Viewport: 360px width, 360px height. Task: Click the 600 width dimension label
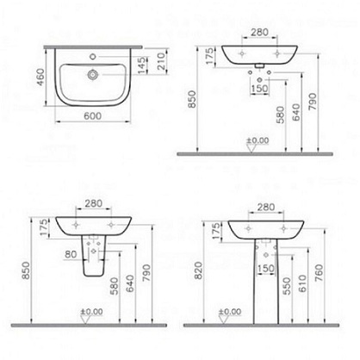(92, 116)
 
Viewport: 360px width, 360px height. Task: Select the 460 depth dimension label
(40, 77)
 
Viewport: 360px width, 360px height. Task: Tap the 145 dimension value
(141, 65)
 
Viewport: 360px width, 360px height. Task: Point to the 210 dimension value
(161, 61)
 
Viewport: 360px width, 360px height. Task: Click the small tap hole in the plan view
(92, 57)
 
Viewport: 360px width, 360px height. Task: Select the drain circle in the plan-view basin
(93, 75)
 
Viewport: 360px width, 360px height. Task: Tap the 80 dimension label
(71, 254)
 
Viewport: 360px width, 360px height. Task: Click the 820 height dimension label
(198, 270)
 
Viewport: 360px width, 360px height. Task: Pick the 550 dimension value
(287, 286)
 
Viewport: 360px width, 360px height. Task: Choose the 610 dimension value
(302, 283)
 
